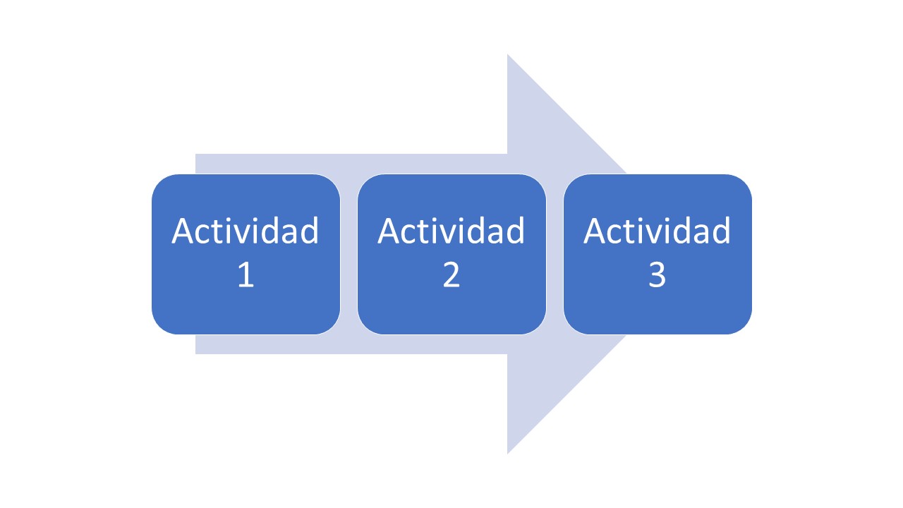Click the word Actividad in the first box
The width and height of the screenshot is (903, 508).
click(246, 231)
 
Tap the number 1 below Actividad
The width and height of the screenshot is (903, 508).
click(246, 275)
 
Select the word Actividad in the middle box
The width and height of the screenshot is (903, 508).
click(451, 231)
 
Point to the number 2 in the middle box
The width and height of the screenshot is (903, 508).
click(451, 275)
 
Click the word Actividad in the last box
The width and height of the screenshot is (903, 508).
click(657, 231)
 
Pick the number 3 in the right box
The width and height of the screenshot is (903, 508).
click(657, 275)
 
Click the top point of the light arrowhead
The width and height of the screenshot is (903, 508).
click(508, 56)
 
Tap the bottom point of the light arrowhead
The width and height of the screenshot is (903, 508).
click(508, 452)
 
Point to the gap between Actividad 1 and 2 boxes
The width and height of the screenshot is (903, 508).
click(349, 254)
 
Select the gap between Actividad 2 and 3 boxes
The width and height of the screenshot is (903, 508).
click(555, 254)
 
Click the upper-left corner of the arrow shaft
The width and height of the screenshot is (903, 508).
click(197, 155)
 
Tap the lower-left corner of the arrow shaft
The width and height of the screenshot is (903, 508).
click(197, 352)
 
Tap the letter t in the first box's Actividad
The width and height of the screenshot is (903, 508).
click(216, 232)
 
